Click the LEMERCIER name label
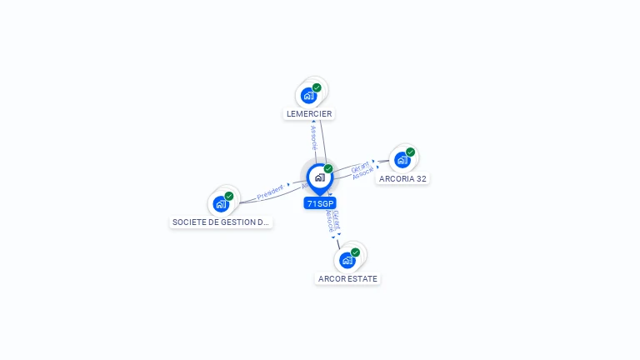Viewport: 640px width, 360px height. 309,113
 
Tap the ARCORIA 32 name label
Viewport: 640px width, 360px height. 403,178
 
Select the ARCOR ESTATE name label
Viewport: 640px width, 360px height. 347,278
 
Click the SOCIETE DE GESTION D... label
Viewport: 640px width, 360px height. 221,222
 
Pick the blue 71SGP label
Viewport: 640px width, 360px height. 320,203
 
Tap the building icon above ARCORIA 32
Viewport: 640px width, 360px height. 402,160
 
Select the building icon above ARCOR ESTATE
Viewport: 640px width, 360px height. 347,260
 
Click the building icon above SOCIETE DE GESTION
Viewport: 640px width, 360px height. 221,204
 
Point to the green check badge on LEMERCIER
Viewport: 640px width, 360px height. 317,87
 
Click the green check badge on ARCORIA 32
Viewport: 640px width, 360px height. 411,152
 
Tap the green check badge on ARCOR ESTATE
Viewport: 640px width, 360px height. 356,252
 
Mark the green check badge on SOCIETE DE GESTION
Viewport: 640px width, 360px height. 229,196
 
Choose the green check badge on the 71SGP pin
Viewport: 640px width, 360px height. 328,169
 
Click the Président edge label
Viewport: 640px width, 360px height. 271,192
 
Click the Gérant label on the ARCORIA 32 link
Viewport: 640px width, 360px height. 360,167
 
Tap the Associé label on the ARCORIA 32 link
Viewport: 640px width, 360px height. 363,174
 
